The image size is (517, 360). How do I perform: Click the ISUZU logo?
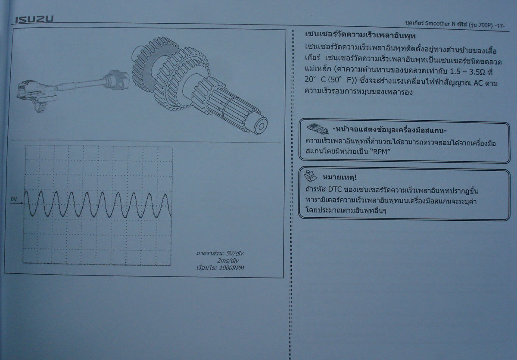[x=34, y=19]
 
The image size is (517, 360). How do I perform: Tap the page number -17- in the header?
[x=500, y=26]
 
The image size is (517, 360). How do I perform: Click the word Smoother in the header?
[x=437, y=24]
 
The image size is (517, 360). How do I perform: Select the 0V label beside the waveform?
[x=14, y=199]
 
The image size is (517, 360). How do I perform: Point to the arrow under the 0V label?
[x=17, y=203]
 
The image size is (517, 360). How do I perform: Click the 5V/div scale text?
[x=235, y=254]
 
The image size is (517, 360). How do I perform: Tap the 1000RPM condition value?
[x=231, y=268]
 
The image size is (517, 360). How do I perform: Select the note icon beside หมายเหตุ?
[x=311, y=176]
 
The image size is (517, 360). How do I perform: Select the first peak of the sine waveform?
[x=26, y=191]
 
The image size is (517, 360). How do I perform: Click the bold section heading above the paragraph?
[x=360, y=35]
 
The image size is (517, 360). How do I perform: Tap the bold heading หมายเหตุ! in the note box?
[x=339, y=177]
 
